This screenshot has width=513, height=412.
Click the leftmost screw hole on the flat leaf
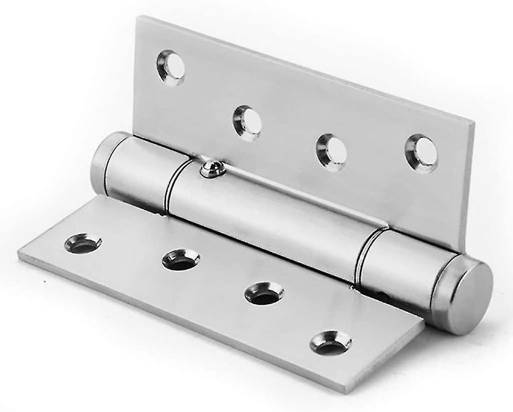tap(83, 243)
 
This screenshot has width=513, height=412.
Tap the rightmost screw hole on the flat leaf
tap(330, 341)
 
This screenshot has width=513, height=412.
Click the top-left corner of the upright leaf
tap(138, 18)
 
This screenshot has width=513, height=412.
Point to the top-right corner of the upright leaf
tap(473, 124)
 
